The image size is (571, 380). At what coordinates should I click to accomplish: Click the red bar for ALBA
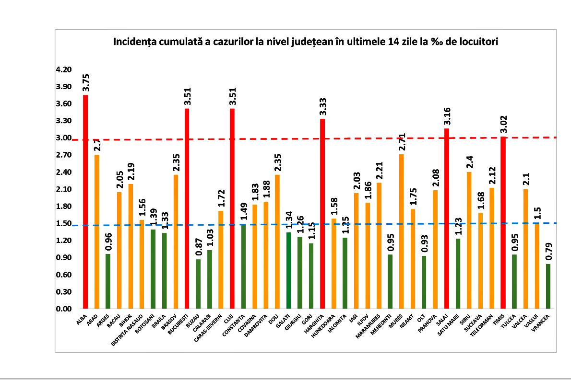coord(85,201)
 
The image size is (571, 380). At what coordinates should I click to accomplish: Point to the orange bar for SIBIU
coord(469,240)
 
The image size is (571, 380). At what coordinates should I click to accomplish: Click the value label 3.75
coord(85,82)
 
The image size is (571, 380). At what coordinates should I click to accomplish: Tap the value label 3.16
coord(447,115)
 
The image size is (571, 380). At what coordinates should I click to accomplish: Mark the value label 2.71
coord(402,142)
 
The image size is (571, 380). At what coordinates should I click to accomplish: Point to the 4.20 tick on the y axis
coord(64,70)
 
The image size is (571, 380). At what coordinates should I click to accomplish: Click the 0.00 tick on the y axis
coord(64,309)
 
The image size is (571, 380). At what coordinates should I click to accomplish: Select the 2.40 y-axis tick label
coord(64,173)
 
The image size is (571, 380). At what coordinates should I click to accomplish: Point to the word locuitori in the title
coord(479,42)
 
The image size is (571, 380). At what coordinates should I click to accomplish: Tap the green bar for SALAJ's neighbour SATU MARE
coord(458,273)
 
